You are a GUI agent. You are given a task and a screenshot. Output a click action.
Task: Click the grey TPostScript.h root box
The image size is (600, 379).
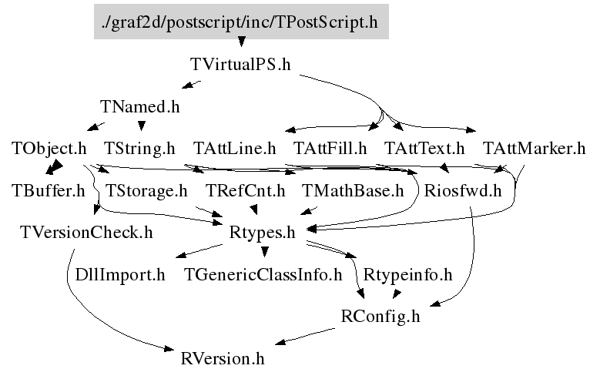point(240,22)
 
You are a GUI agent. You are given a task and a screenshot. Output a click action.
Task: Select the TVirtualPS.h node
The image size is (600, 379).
point(240,65)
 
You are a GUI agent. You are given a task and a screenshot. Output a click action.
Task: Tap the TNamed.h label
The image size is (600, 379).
point(139,106)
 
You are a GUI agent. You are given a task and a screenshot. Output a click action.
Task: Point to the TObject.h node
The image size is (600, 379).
point(49,148)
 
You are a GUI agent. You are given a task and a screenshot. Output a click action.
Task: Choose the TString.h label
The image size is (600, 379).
point(139,148)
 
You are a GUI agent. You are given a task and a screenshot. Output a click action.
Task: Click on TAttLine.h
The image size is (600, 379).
point(234,148)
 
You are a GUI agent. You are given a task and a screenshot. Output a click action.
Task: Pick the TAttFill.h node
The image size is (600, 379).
point(330,148)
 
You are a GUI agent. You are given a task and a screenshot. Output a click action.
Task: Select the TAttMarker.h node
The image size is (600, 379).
point(534,148)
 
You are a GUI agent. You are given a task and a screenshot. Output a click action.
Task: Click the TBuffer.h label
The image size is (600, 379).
point(49,190)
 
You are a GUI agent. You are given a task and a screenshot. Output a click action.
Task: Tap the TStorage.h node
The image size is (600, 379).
point(146,190)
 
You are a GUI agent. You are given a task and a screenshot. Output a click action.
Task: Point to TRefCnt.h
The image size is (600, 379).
point(245,190)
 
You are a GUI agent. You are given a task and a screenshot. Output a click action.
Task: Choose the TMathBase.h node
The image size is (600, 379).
point(353,190)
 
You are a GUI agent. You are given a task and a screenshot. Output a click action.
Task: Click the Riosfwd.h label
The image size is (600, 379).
point(463,190)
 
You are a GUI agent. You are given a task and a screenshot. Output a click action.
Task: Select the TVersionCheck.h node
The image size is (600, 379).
point(86,232)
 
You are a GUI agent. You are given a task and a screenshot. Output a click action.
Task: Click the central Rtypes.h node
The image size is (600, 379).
point(263,232)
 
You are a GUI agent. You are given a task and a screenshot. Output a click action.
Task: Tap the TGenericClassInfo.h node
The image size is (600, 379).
point(263,274)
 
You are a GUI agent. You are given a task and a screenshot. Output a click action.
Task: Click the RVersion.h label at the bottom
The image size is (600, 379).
point(223,358)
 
